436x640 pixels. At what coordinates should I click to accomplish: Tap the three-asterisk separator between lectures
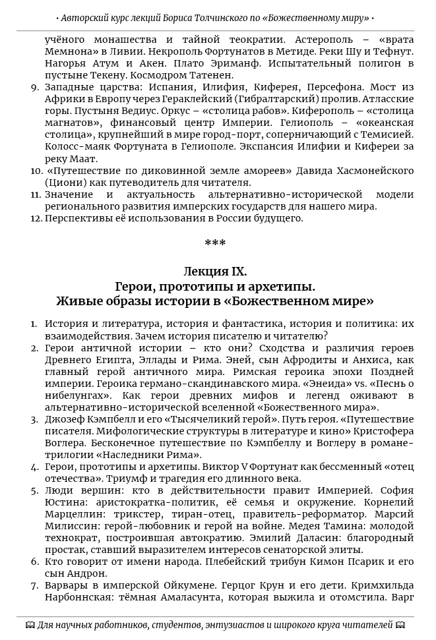[x=215, y=244]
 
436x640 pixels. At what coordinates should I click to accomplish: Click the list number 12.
[x=36, y=218]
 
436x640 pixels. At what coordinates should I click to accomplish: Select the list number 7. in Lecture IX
[x=35, y=585]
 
